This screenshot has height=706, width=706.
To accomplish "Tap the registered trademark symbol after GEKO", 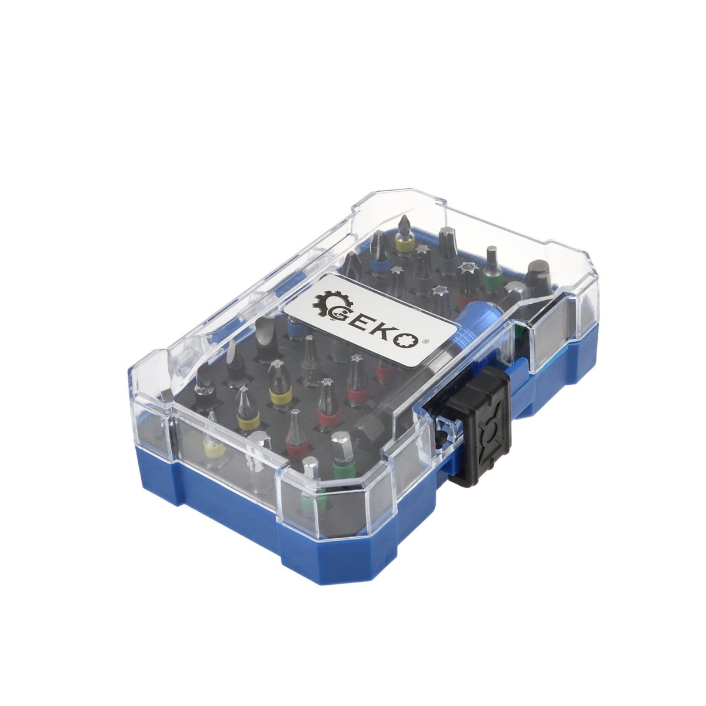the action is [425, 342].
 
